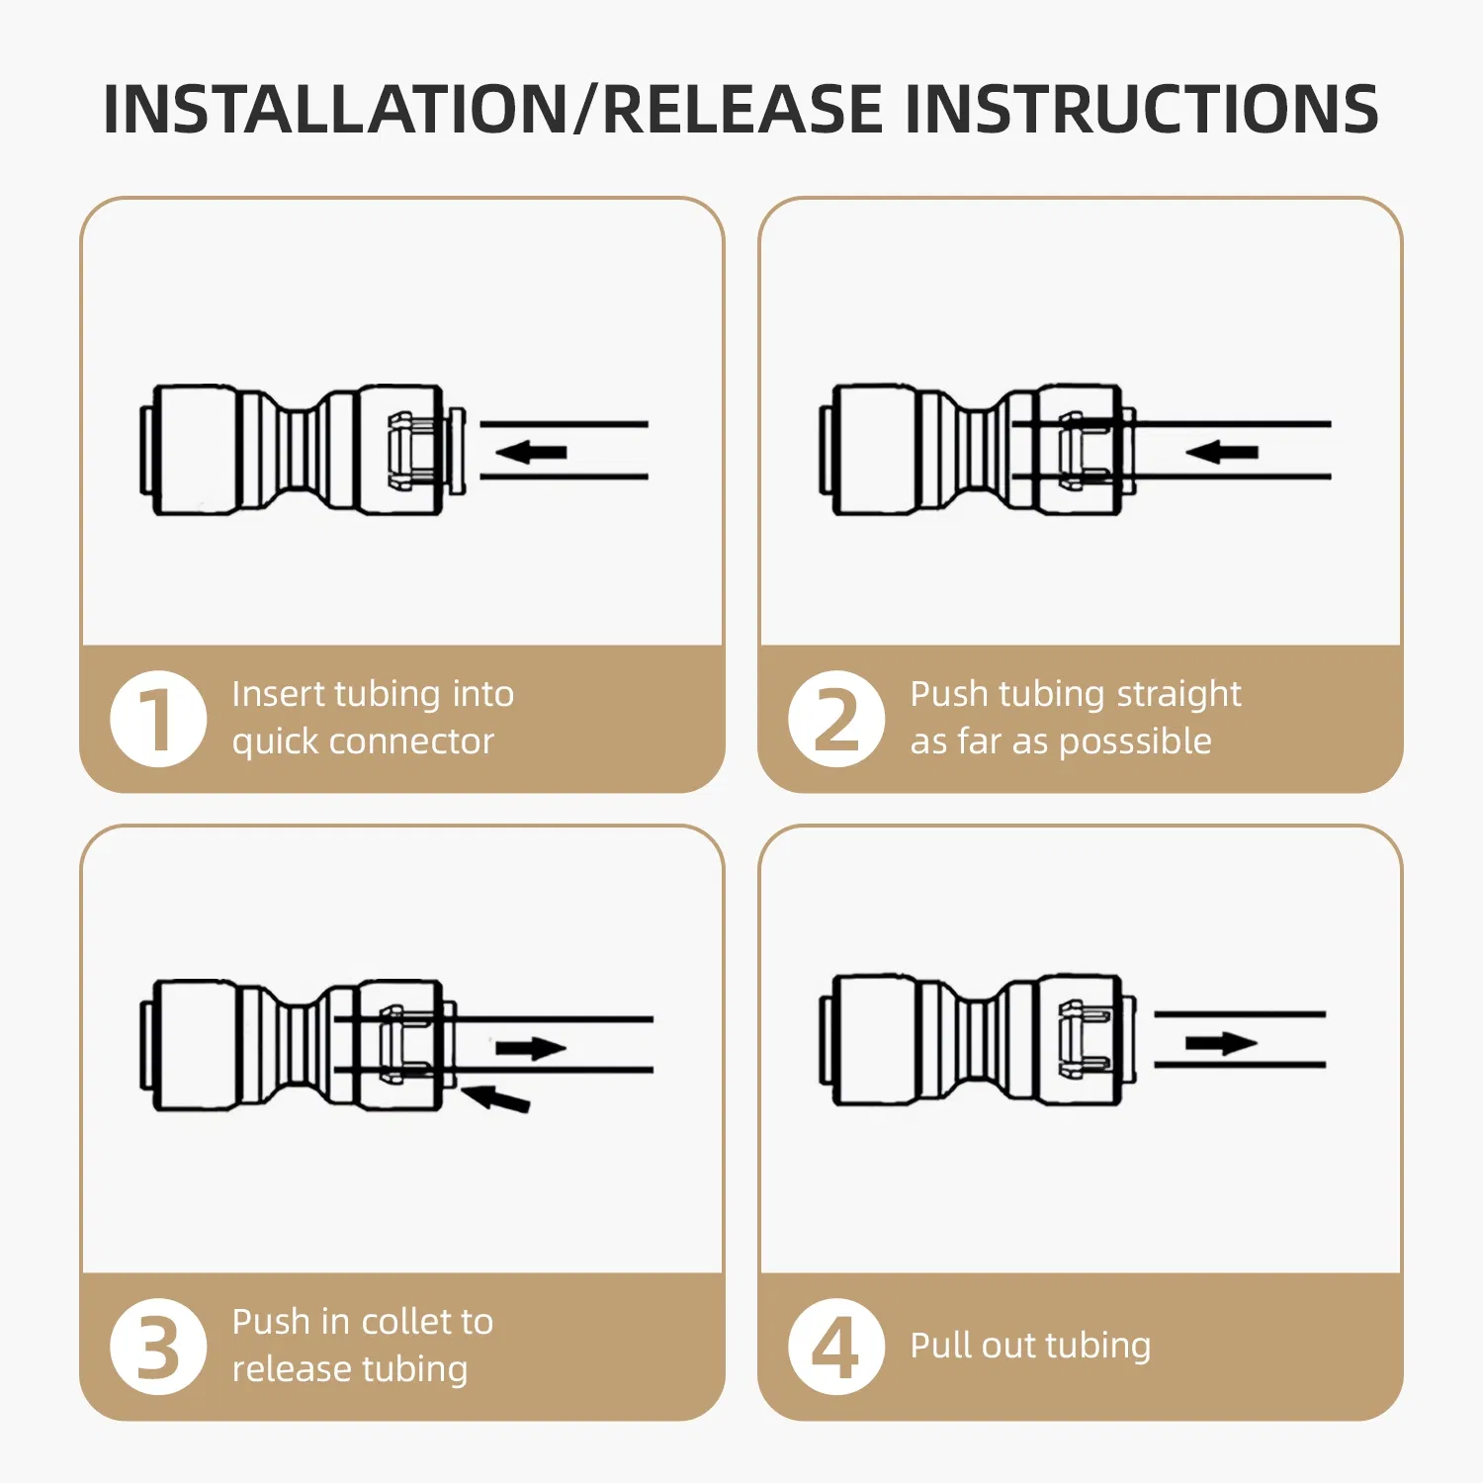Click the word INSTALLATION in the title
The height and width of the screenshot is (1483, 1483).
point(337,109)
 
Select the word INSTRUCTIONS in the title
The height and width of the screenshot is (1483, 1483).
point(1142,109)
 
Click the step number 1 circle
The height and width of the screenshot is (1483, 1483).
point(158,719)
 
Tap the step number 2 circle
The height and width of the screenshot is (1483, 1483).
point(836,719)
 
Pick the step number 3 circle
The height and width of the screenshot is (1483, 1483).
point(158,1347)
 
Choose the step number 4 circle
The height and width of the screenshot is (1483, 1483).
point(836,1347)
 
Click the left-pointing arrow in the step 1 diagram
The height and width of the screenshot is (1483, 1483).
point(531,453)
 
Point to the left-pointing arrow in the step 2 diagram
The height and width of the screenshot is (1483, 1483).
point(1221,453)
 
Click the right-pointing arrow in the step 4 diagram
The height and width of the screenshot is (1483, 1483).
point(1221,1043)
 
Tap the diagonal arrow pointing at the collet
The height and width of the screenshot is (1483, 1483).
point(496,1097)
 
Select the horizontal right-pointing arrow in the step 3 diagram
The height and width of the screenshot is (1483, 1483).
point(531,1048)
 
